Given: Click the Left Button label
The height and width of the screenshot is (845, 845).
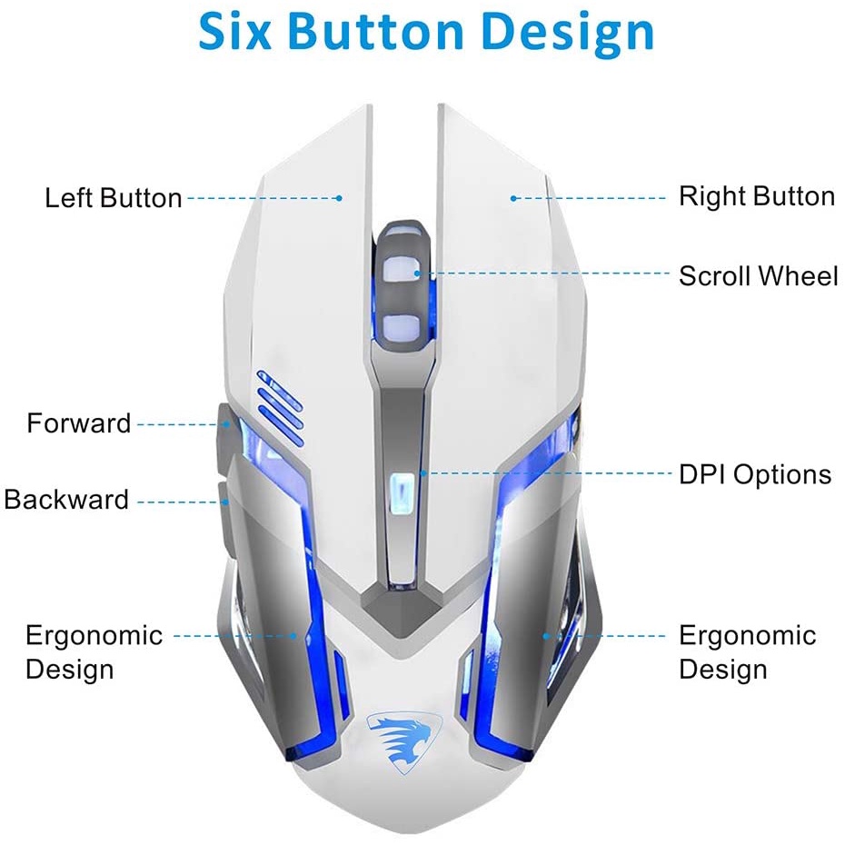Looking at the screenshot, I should coord(114,198).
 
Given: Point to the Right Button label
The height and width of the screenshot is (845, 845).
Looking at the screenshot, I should coord(756,196).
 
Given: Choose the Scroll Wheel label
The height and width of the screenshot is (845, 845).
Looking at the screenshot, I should coord(758,275).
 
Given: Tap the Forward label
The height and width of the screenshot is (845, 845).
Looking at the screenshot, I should coord(79,423).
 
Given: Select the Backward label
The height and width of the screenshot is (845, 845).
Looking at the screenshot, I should coord(67,500).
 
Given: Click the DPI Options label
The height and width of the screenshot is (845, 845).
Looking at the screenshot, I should coord(754,474).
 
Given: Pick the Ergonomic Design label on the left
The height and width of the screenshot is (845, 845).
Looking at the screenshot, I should coord(94,652).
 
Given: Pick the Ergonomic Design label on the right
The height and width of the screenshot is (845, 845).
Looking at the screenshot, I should coord(747,652).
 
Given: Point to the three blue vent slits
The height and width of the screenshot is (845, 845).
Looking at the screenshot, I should coord(279,406).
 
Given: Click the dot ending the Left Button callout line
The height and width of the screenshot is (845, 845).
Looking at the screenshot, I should coord(338,197).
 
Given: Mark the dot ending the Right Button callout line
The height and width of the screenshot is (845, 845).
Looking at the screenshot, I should coord(513,197).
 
